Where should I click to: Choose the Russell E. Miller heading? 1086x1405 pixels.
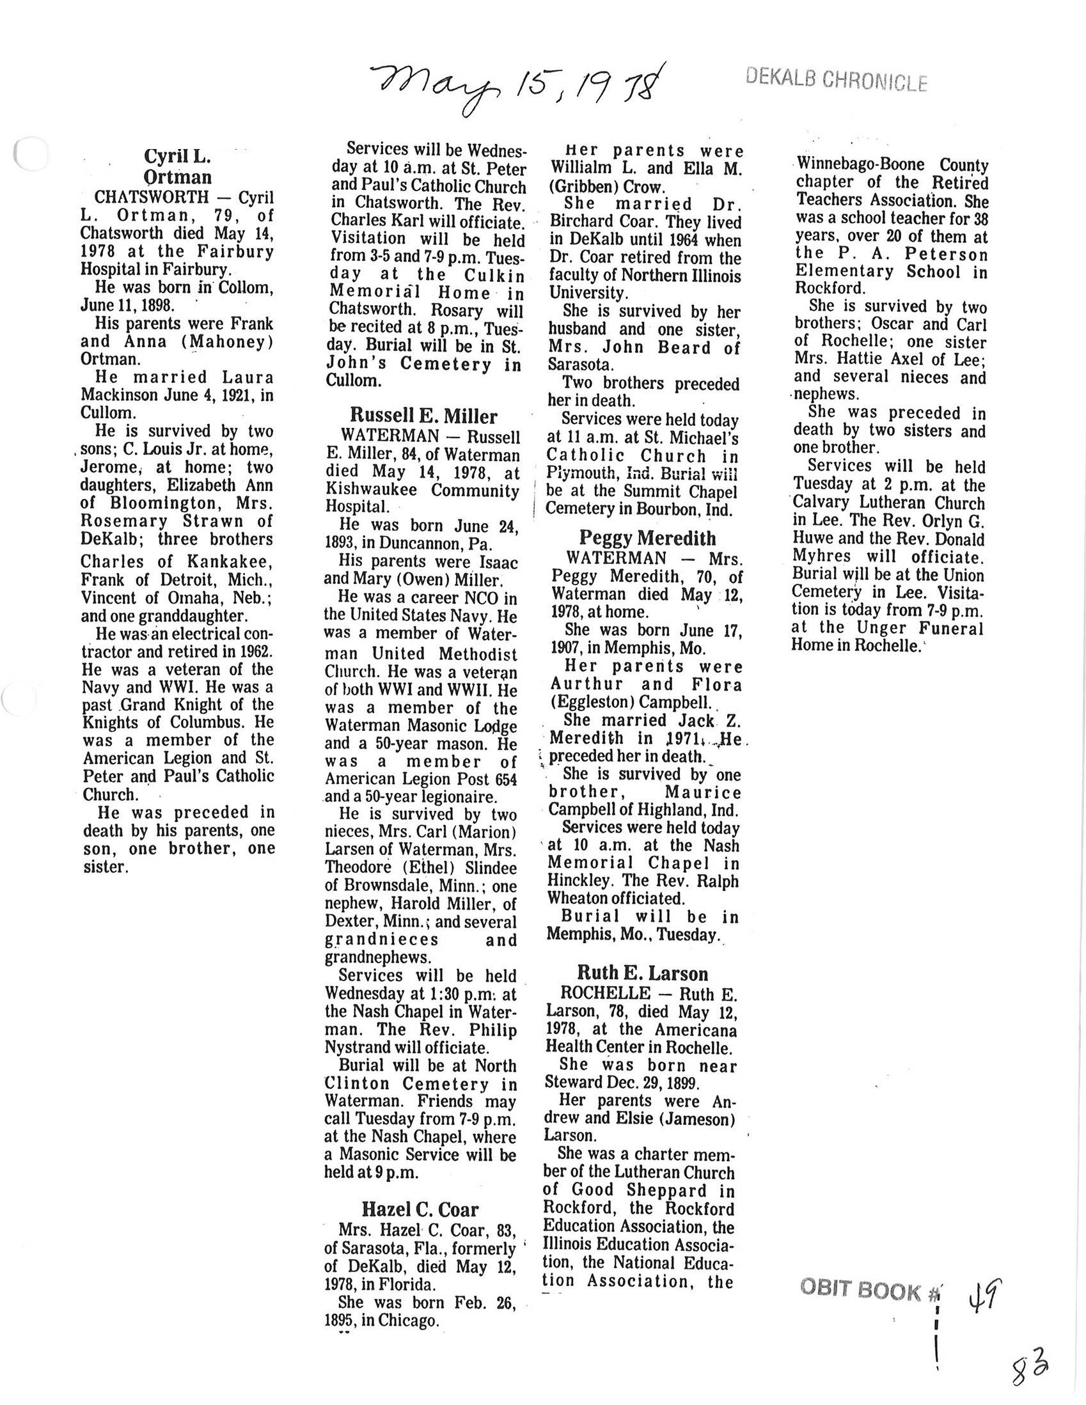pos(423,416)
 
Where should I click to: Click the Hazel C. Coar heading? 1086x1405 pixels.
pos(420,1209)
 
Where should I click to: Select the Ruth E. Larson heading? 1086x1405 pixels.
pos(642,973)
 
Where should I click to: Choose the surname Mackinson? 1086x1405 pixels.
pos(121,395)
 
